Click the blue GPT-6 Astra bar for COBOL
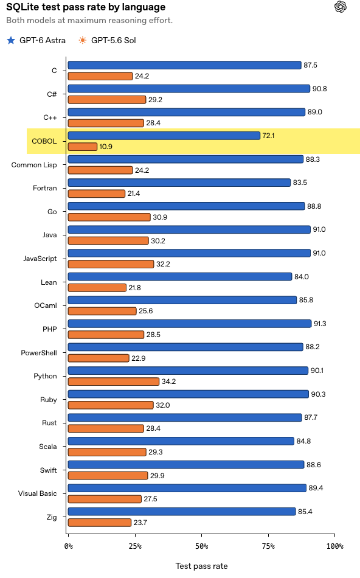click(164, 136)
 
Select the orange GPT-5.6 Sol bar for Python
click(114, 381)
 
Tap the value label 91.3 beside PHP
click(320, 324)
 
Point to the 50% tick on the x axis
click(201, 535)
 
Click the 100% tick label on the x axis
click(334, 546)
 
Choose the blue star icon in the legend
click(11, 40)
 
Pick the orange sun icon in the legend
click(83, 40)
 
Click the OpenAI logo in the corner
click(341, 7)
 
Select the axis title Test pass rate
click(201, 566)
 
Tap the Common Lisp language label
click(34, 165)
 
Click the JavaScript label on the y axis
click(40, 259)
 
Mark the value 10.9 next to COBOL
click(106, 147)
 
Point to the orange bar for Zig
click(100, 523)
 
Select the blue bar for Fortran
click(179, 183)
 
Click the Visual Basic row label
click(38, 493)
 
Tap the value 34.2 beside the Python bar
click(169, 381)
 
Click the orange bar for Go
click(109, 217)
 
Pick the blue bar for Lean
click(180, 276)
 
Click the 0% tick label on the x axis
click(69, 546)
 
